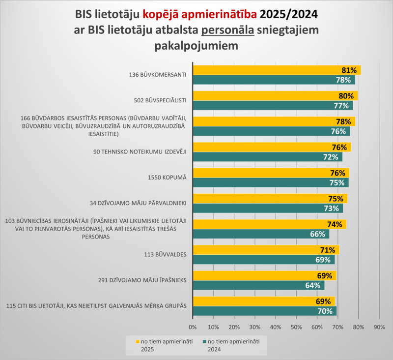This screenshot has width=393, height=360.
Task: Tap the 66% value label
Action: (x=317, y=234)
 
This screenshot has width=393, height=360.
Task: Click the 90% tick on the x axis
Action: (x=379, y=327)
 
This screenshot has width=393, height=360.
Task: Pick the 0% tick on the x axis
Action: (x=193, y=327)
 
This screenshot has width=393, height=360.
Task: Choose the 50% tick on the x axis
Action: (x=296, y=327)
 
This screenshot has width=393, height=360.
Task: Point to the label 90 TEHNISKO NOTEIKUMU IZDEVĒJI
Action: (x=140, y=151)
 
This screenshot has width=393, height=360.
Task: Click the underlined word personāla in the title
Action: (x=228, y=30)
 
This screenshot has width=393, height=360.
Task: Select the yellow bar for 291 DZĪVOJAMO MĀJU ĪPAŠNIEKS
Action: (x=260, y=275)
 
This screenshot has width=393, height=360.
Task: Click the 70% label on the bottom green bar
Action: (x=325, y=311)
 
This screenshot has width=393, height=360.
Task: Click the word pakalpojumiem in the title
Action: (x=196, y=47)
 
